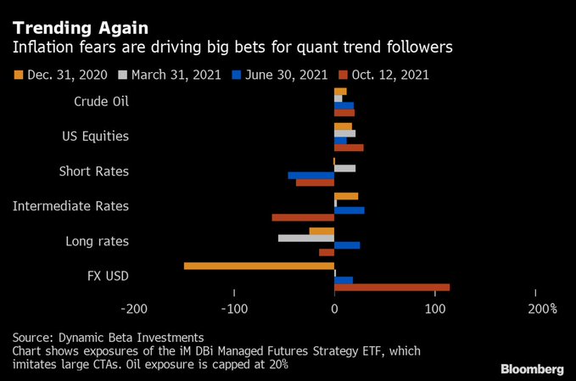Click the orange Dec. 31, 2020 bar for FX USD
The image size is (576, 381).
[x=259, y=266]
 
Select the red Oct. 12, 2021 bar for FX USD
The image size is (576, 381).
[x=392, y=287]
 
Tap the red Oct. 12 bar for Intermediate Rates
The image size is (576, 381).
[x=303, y=217]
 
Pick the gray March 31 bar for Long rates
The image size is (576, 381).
[x=306, y=238]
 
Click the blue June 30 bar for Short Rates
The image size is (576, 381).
[x=310, y=176]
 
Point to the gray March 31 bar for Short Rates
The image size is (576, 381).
[x=344, y=168]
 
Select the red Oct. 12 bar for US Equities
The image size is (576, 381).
[x=349, y=148]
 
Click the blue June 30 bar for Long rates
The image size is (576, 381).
[x=347, y=245]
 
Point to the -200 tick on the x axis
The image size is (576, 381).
[x=135, y=309]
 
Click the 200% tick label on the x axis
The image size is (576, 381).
[x=542, y=309]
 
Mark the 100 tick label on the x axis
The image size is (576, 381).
[x=435, y=309]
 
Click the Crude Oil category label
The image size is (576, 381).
[x=102, y=102]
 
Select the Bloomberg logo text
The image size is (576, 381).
[x=532, y=369]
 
